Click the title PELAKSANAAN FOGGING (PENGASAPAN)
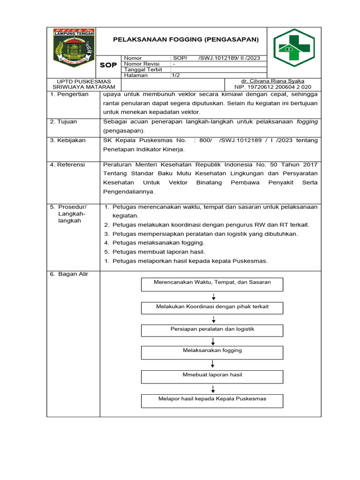[x=186, y=40]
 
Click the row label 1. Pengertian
[x=69, y=94]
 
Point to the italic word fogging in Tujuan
[x=307, y=121]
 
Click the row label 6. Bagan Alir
[x=69, y=274]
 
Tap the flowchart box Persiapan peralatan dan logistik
[x=212, y=330]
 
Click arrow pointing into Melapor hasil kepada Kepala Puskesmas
[x=213, y=389]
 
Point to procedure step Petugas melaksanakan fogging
[x=158, y=242]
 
